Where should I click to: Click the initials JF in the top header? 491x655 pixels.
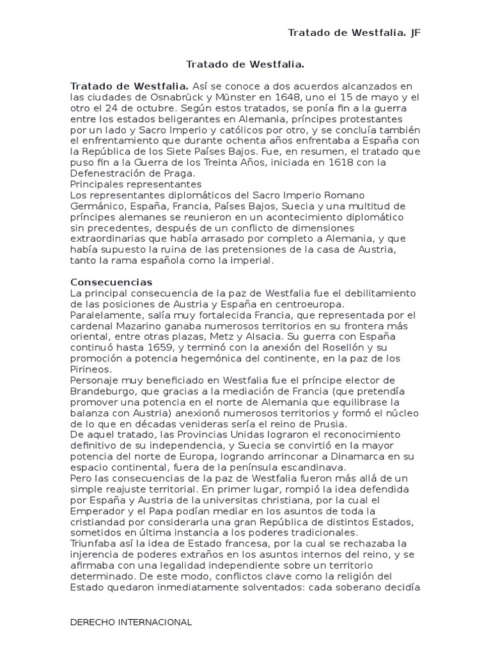coord(415,33)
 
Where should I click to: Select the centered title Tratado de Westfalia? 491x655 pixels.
coord(245,65)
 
